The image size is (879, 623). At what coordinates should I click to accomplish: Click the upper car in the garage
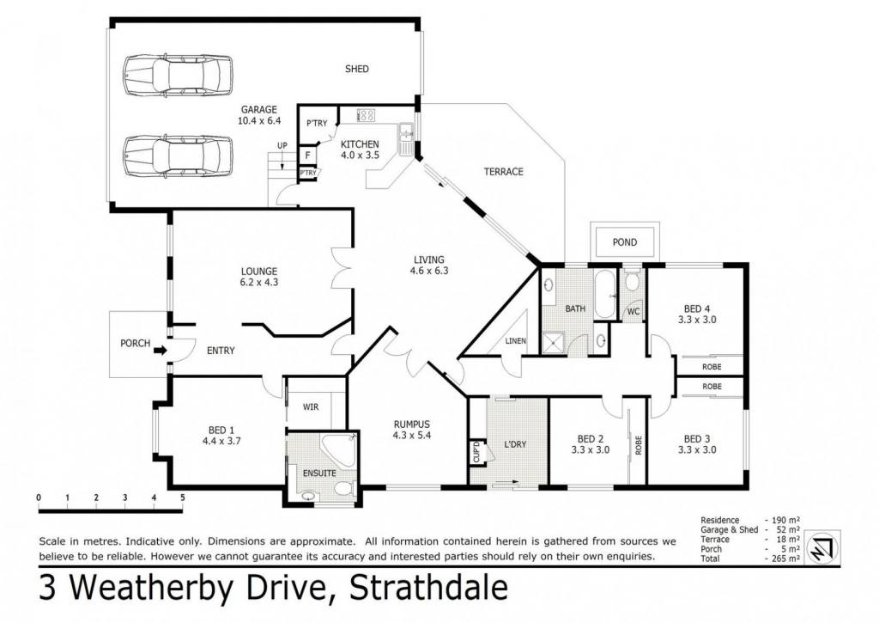[x=178, y=76]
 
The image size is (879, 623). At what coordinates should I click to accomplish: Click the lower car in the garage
[x=178, y=156]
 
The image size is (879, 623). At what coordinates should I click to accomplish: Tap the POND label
[x=625, y=242]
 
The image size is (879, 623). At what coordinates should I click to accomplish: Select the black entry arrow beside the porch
[x=161, y=351]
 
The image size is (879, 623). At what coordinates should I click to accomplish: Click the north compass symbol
[x=822, y=547]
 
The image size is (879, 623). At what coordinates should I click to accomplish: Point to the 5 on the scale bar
[x=182, y=498]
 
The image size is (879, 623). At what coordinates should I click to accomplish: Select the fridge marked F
[x=308, y=155]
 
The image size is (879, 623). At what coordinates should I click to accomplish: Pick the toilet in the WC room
[x=633, y=281]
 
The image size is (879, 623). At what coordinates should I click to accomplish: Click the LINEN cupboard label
[x=515, y=340]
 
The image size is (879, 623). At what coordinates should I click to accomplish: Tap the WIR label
[x=311, y=407]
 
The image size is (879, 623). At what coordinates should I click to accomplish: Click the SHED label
[x=356, y=69]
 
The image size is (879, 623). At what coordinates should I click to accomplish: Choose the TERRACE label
[x=503, y=172]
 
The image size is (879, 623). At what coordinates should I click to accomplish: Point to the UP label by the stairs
[x=282, y=146]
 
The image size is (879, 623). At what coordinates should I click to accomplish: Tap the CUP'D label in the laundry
[x=476, y=452]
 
